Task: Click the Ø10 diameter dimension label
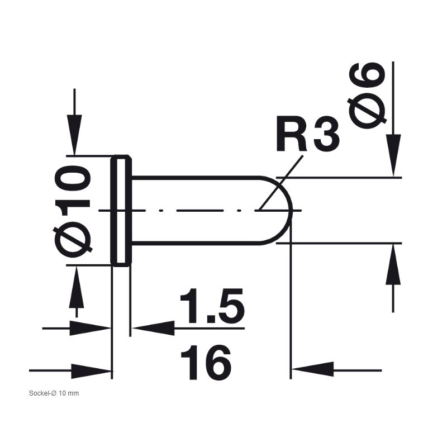pos(73,211)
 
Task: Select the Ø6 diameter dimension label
pos(367,95)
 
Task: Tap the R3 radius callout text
pos(308,134)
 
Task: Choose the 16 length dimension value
pos(206,363)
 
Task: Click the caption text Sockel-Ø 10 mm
pos(54,393)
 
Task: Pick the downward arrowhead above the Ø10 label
pos(74,135)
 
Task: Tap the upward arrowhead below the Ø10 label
pos(77,287)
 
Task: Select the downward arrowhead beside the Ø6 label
pos(393,155)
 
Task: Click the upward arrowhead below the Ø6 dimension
pos(393,264)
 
